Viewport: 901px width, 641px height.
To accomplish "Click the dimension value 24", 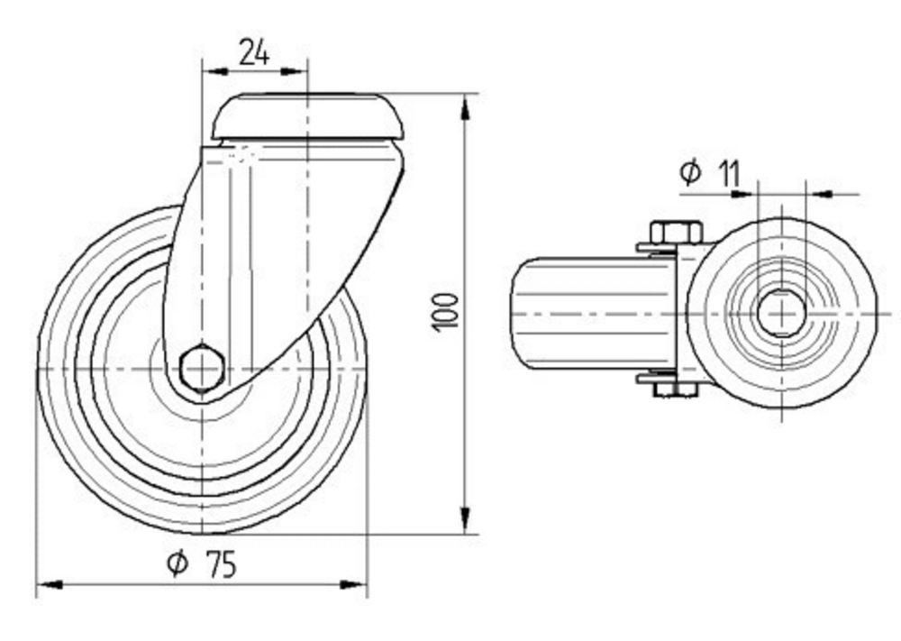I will click(254, 53).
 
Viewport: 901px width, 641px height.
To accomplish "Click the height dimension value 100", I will click(448, 311).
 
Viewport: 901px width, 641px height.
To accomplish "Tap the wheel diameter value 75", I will click(220, 565).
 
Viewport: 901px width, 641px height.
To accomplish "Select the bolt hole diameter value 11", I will click(729, 171).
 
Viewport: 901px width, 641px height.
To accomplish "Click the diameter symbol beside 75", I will click(177, 565).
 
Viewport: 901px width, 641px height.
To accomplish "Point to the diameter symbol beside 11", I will click(690, 171).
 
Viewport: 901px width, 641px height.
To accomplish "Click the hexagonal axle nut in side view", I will click(202, 368).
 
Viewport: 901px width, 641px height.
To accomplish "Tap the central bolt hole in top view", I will click(781, 313).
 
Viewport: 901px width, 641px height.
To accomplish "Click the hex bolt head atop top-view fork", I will click(676, 233).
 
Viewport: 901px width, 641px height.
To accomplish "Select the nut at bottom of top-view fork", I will click(675, 389).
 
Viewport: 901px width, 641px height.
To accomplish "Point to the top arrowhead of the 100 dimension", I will click(465, 106).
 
